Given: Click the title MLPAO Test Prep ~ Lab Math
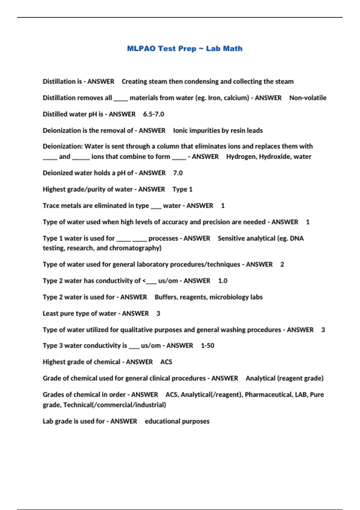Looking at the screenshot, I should click(184, 49).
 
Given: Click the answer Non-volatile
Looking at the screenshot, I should click(307, 98).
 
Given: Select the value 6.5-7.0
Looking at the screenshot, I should click(153, 114).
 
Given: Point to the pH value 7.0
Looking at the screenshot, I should click(178, 173).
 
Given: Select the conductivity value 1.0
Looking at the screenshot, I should click(223, 281).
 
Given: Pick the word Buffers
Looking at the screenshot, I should click(165, 297).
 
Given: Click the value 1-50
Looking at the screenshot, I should click(207, 346).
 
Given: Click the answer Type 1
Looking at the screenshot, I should click(182, 189).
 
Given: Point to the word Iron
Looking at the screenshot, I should click(213, 98).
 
